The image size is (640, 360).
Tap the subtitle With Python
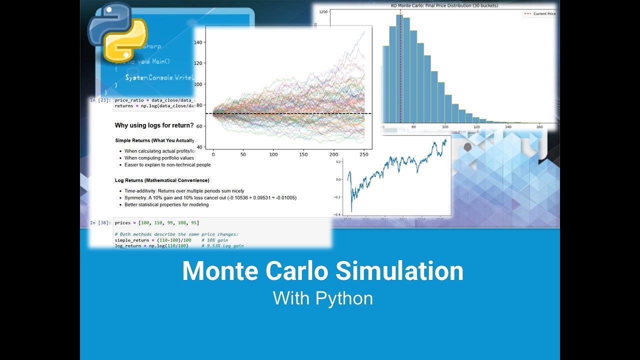coord(322,298)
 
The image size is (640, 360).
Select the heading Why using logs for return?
coord(154,125)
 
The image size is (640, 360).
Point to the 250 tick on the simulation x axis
coord(364,154)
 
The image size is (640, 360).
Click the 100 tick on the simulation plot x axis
coord(273,154)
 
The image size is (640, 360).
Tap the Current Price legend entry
coord(543,14)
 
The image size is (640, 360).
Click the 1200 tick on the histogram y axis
coord(323,11)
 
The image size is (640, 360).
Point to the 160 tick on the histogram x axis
coord(539,127)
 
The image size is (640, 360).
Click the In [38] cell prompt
coord(99,222)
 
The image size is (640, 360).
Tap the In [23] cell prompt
coord(99,100)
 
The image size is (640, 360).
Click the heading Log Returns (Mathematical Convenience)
coord(162,180)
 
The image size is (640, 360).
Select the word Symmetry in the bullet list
coord(135,198)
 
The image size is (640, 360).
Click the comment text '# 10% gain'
coord(214,240)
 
